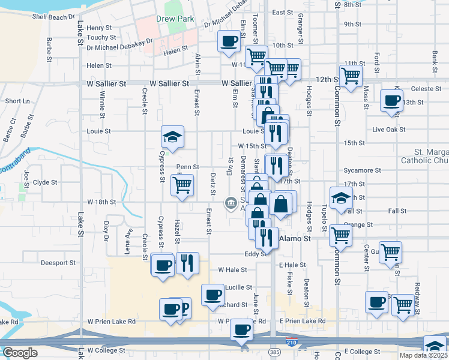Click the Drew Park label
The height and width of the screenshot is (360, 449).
(176, 19)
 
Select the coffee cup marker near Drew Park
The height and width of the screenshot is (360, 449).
(228, 41)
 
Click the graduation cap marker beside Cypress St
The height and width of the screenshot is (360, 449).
(172, 137)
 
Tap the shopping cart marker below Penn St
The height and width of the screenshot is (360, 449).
(182, 185)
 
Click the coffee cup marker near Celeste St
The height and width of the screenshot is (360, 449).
(391, 101)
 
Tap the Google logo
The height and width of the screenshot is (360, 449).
(20, 353)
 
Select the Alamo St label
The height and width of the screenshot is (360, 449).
(295, 238)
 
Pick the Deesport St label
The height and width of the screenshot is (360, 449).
(58, 262)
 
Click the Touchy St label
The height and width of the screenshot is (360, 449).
(97, 37)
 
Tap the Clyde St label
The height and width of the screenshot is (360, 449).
(45, 182)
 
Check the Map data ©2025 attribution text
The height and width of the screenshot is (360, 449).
(423, 355)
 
